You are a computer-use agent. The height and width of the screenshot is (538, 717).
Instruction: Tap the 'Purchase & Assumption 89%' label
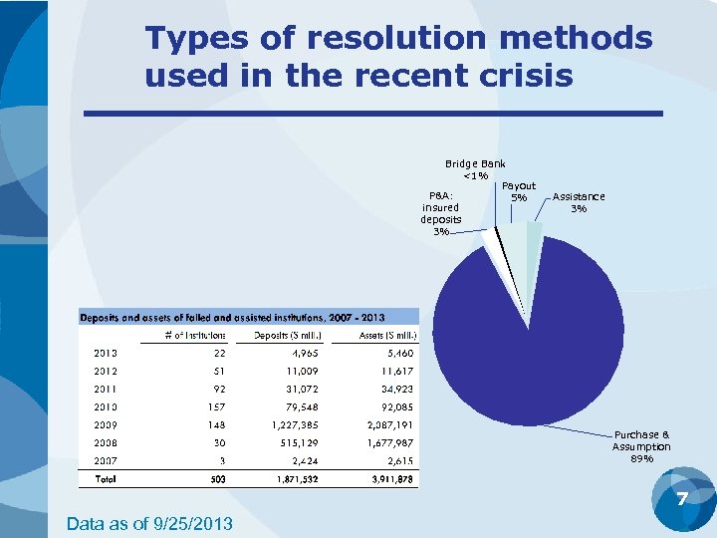coord(641,446)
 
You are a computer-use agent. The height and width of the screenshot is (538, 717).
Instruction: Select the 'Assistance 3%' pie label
coord(579,202)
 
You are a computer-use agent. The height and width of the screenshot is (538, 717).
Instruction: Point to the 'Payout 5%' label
coord(519,191)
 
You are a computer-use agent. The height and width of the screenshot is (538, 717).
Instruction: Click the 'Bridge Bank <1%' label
coord(475,169)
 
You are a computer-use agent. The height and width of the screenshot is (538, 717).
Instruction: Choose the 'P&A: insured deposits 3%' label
coord(440,213)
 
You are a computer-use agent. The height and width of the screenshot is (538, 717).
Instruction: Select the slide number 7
coord(682,498)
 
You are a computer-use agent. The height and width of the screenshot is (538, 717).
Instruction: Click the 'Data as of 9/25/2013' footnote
coord(149,522)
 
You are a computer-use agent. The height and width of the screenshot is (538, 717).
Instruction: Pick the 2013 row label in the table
coord(106,353)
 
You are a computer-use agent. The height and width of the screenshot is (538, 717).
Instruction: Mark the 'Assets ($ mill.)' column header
coord(385,335)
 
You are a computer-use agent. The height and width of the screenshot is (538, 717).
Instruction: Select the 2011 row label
coord(106,389)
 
